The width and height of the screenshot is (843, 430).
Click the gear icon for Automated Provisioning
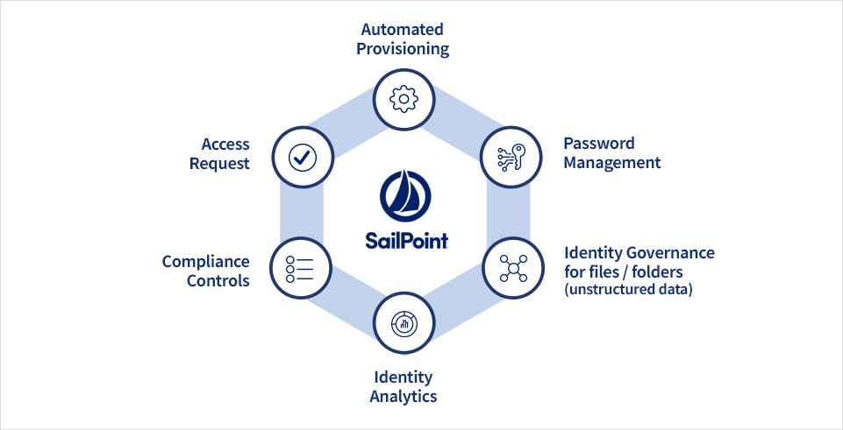404,98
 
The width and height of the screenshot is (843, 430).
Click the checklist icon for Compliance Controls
300,268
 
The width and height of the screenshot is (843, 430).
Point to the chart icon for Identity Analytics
404,323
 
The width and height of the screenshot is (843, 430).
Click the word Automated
403,30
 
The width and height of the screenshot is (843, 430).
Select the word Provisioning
403,49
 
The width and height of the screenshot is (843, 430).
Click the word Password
599,143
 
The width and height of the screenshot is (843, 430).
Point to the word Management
612,162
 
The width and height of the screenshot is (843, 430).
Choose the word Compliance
206,262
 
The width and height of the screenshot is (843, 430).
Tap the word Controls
219,281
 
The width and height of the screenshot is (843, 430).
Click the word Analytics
404,396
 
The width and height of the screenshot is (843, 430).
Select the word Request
219,163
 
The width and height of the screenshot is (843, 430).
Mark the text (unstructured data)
628,290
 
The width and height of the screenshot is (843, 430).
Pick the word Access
225,144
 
